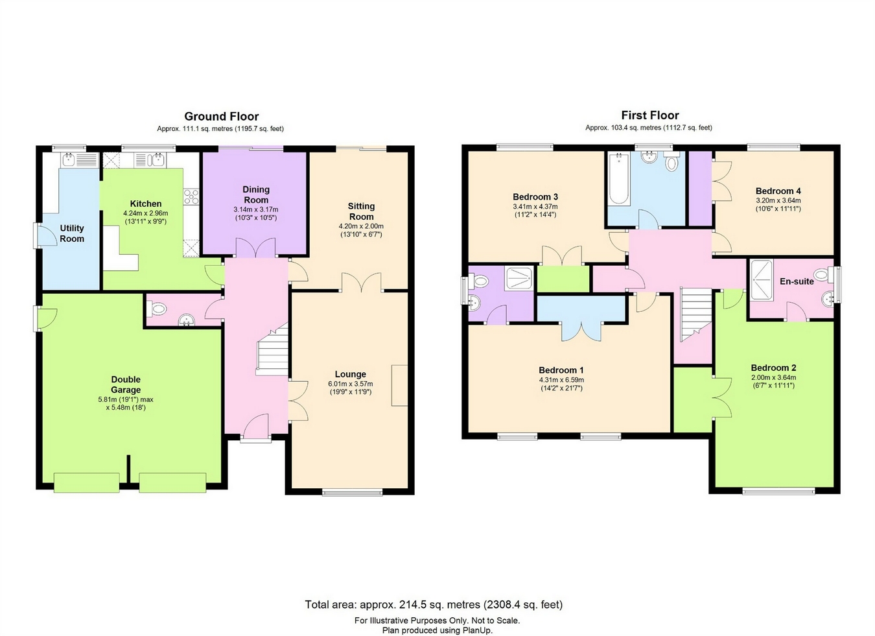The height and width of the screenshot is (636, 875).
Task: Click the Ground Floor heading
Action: click(222, 117)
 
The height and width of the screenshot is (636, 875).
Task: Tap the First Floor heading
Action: click(650, 115)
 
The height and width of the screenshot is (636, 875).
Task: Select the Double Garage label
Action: click(126, 384)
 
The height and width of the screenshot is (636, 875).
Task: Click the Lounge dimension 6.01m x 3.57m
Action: click(351, 384)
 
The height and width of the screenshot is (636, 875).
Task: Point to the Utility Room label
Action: click(72, 233)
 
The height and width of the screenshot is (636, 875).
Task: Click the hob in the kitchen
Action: click(191, 196)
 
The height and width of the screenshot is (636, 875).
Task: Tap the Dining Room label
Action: click(256, 194)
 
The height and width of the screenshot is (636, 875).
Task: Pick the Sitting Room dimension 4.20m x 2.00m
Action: click(361, 226)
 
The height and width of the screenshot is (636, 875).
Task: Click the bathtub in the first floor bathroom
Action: click(619, 180)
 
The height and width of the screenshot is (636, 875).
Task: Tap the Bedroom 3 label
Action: click(535, 196)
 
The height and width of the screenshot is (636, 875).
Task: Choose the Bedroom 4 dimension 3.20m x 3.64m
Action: click(778, 200)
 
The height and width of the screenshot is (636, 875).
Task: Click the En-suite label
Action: click(797, 281)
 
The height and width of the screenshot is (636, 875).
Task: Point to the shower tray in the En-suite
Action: click(762, 281)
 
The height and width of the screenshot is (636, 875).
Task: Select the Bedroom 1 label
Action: click(561, 370)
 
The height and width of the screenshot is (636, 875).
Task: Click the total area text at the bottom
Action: click(434, 605)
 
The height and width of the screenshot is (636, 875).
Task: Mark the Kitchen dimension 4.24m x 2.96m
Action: click(146, 213)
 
